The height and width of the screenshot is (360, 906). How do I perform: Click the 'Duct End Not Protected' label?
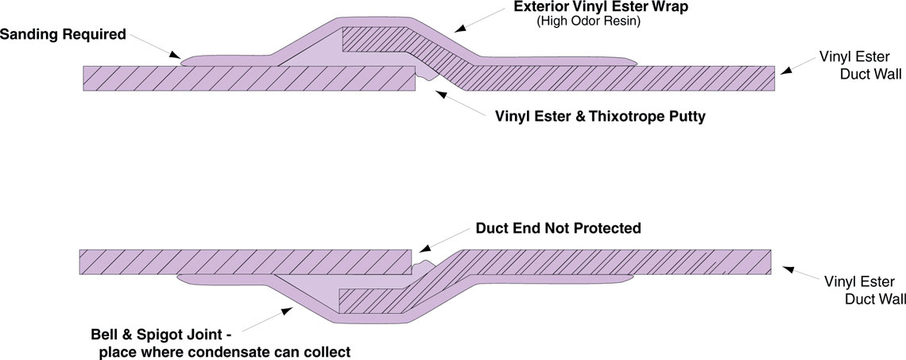[x=558, y=228]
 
